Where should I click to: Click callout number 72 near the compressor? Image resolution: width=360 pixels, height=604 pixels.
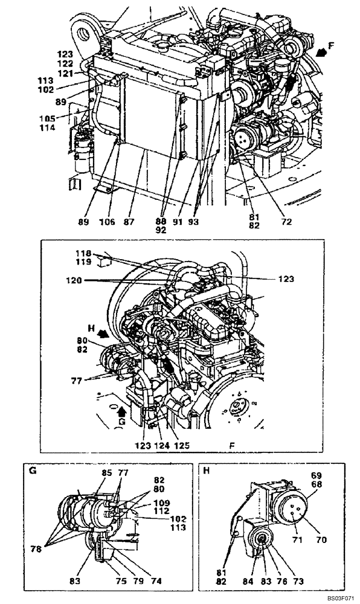pyautogui.click(x=286, y=222)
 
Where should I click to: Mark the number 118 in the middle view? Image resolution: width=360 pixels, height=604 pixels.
pyautogui.click(x=82, y=253)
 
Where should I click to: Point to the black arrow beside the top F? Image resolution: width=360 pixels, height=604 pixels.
pyautogui.click(x=323, y=53)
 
